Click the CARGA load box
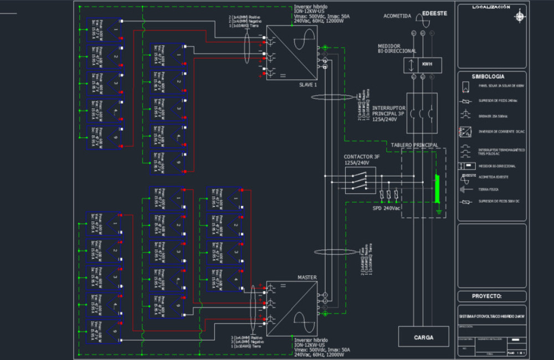click(423, 337)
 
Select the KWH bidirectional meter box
click(422, 64)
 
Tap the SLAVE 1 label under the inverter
click(308, 85)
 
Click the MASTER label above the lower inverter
click(307, 277)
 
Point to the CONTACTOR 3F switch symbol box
click(360, 180)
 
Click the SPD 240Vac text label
click(387, 208)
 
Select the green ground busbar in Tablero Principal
click(437, 188)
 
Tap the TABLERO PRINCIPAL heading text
click(414, 145)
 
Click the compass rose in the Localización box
click(520, 16)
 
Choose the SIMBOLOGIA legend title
click(488, 76)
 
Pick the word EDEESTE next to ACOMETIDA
click(434, 13)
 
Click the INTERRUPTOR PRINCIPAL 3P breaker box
click(422, 113)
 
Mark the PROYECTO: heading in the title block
click(486, 296)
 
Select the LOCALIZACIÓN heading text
click(491, 7)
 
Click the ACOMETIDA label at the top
click(397, 16)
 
